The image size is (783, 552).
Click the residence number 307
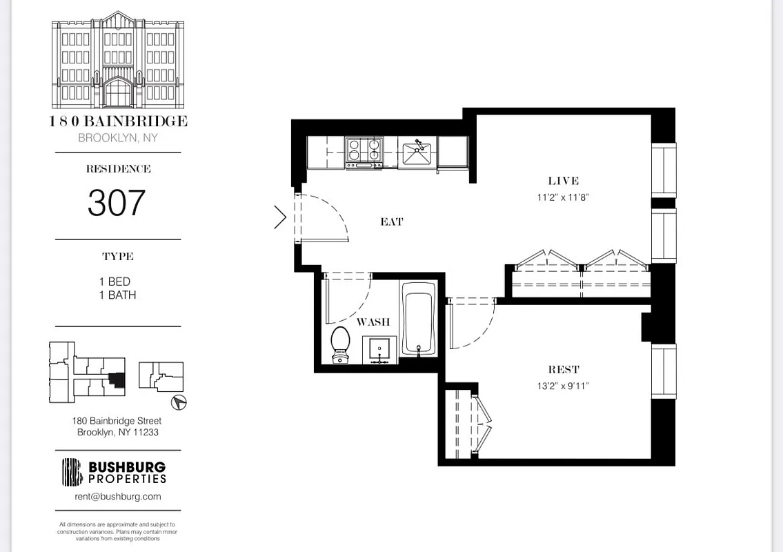pyautogui.click(x=117, y=202)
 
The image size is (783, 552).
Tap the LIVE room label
pyautogui.click(x=563, y=181)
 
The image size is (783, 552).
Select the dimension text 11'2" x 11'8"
pyautogui.click(x=563, y=197)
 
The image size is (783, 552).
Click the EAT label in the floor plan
pyautogui.click(x=391, y=222)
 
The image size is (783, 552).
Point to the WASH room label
pyautogui.click(x=373, y=322)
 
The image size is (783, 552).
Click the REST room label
pyautogui.click(x=564, y=370)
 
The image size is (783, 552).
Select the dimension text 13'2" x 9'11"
pyautogui.click(x=563, y=386)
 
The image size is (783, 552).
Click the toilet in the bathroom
pyautogui.click(x=339, y=344)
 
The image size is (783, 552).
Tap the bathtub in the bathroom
pyautogui.click(x=418, y=319)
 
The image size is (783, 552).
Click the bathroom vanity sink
pyautogui.click(x=379, y=350)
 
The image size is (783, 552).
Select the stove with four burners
pyautogui.click(x=364, y=151)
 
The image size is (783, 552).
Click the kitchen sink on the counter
pyautogui.click(x=416, y=152)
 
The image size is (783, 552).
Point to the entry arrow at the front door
pyautogui.click(x=280, y=217)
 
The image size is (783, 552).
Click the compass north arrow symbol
pyautogui.click(x=179, y=402)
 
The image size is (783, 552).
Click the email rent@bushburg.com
pyautogui.click(x=118, y=496)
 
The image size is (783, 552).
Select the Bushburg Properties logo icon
pyautogui.click(x=72, y=472)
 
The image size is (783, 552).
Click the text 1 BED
pyautogui.click(x=115, y=282)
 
